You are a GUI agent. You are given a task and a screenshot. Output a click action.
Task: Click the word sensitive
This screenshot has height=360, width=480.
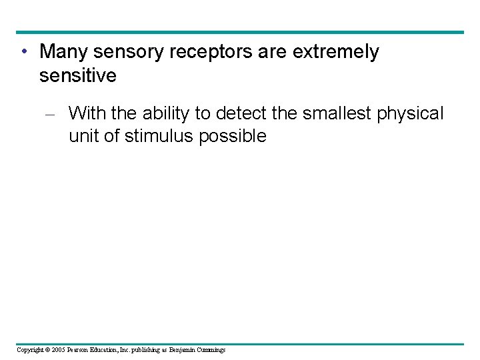pyautogui.click(x=78, y=76)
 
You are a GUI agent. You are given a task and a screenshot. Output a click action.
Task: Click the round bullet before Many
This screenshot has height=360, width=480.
pyautogui.click(x=24, y=52)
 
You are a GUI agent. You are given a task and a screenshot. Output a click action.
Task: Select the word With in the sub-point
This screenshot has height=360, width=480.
pyautogui.click(x=87, y=113)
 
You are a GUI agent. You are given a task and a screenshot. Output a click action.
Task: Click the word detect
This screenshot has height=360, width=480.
pyautogui.click(x=239, y=113)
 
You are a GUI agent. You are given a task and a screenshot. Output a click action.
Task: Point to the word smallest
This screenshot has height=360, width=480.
pyautogui.click(x=337, y=113)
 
